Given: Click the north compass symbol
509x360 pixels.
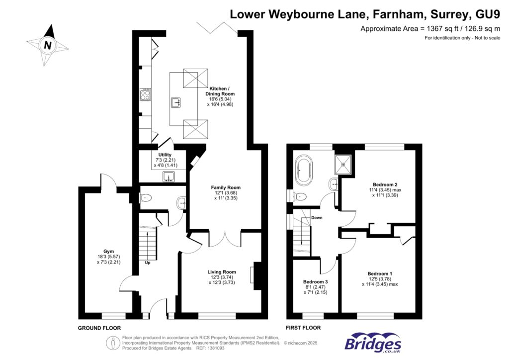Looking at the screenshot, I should [48, 45].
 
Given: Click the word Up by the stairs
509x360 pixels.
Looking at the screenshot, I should [148, 263].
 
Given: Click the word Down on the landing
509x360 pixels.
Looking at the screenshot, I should [317, 218].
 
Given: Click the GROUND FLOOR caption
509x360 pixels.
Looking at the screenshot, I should [99, 328].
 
